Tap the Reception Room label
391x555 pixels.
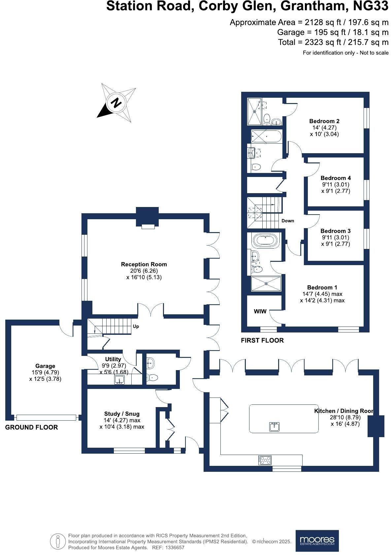144,264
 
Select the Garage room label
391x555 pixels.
45,366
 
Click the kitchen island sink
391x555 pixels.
274,427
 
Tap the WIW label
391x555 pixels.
260,311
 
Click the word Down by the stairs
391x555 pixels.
287,221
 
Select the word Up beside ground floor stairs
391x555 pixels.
136,326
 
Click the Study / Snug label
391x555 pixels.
122,414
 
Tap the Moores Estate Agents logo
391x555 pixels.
317,540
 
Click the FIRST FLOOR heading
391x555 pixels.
262,340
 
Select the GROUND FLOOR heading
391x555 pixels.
32,427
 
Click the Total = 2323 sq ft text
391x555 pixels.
333,42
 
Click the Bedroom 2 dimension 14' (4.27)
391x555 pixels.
324,127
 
